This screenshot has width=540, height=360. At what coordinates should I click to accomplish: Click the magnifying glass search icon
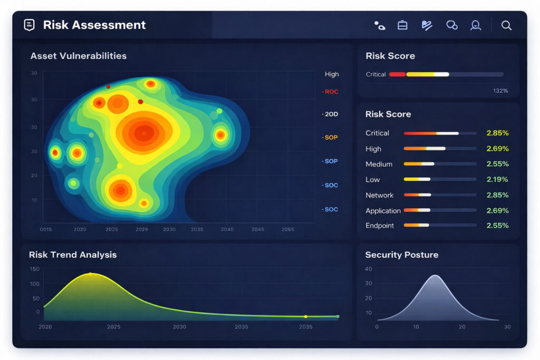coord(506,25)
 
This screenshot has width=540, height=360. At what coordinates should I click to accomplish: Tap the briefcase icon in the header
coord(402,25)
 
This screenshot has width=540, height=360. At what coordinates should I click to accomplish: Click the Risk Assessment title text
coord(94,25)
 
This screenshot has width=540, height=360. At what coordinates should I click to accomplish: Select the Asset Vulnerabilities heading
coord(79,56)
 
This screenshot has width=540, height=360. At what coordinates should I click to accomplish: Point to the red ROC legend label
coord(331,92)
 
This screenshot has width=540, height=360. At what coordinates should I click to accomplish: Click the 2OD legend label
coord(331,114)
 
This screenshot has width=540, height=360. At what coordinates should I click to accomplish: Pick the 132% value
coord(500,91)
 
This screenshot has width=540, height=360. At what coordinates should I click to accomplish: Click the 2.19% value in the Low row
coord(497,180)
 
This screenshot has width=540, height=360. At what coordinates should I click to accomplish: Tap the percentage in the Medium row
coord(497,164)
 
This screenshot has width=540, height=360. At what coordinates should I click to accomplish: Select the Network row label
coord(380,195)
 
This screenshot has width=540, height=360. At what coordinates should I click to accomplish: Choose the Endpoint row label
coord(380,226)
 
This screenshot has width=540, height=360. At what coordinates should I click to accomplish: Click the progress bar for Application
coord(440,210)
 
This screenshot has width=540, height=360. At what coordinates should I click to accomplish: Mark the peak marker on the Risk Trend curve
coord(90,274)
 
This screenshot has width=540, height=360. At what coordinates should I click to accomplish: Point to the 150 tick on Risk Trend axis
coord(34,269)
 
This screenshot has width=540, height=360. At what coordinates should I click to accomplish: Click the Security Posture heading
coord(402,255)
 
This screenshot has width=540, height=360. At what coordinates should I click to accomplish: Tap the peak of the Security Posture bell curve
coord(435,276)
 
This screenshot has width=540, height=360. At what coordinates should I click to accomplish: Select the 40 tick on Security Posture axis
coord(369,269)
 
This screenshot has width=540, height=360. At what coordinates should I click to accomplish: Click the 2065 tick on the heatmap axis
coord(288,230)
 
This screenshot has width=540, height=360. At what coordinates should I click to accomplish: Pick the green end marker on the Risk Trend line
coord(338,316)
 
